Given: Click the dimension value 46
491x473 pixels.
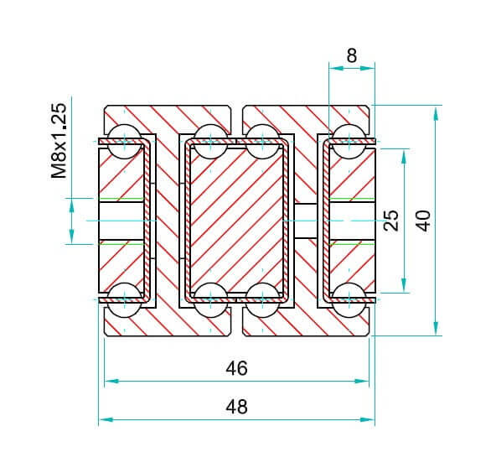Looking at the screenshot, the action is (236, 369).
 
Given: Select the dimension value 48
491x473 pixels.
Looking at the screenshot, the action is (236, 407).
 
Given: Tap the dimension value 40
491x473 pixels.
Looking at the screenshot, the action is (425, 221).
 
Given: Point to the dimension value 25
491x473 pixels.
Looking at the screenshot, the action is (391, 221).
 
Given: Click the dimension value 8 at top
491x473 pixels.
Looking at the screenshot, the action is (352, 56).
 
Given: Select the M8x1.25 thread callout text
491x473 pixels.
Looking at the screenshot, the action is (59, 141).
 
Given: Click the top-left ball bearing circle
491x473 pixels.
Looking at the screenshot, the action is (125, 142).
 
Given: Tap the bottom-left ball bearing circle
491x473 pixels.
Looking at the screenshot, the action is (125, 300).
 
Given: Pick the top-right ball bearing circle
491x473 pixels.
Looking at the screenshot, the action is (349, 142).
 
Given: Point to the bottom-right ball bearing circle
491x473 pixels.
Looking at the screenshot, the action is (349, 300).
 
